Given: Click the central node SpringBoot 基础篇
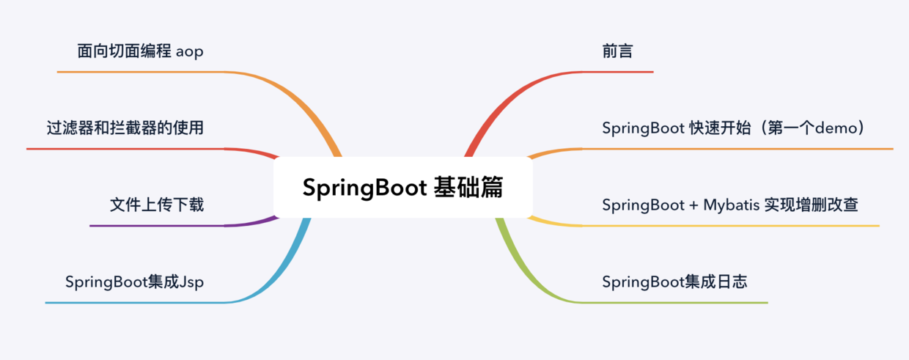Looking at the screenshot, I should pyautogui.click(x=402, y=188).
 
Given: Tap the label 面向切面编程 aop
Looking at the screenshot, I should pyautogui.click(x=140, y=51).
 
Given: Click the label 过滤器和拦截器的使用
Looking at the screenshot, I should pyautogui.click(x=125, y=128).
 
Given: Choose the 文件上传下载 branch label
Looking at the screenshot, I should pyautogui.click(x=157, y=205).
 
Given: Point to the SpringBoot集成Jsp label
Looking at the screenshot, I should pyautogui.click(x=134, y=282).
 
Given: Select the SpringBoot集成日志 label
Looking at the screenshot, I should pyautogui.click(x=674, y=282).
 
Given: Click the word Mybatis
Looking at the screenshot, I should pyautogui.click(x=731, y=205).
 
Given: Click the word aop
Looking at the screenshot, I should pyautogui.click(x=189, y=52).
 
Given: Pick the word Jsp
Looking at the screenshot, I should pyautogui.click(x=191, y=283).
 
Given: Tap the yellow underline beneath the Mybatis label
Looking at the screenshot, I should pyautogui.click(x=733, y=225).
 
